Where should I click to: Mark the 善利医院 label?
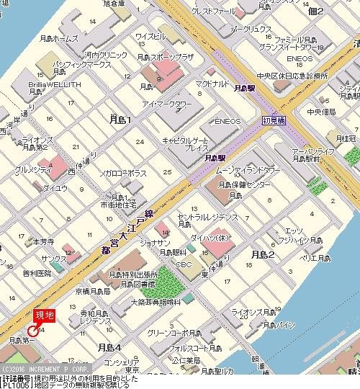[37, 273]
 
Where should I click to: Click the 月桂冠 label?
[346, 136]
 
